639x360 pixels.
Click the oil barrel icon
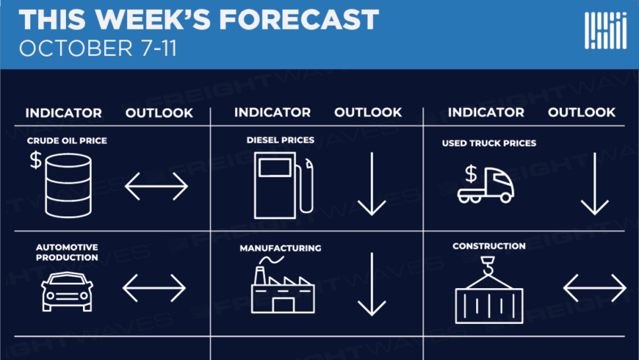(x=68, y=186)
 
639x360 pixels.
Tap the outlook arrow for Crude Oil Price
(x=156, y=186)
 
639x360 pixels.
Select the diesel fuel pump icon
(x=284, y=185)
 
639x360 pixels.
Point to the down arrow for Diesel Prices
(x=372, y=184)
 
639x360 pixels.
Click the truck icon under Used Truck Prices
(x=485, y=185)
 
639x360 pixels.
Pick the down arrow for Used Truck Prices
(x=595, y=184)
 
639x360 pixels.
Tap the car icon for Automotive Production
(x=67, y=291)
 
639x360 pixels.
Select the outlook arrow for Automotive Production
(x=154, y=288)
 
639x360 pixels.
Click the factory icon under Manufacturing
(x=283, y=285)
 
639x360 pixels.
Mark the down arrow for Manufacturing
(x=372, y=284)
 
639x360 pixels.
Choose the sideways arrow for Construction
(x=595, y=288)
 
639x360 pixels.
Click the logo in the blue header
(x=605, y=30)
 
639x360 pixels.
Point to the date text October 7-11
(x=98, y=49)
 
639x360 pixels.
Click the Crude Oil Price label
(x=67, y=140)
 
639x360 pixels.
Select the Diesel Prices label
(x=280, y=140)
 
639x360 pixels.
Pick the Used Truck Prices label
(x=489, y=143)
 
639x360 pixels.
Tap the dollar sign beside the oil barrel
(x=36, y=160)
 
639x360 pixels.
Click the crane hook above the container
(x=488, y=266)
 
